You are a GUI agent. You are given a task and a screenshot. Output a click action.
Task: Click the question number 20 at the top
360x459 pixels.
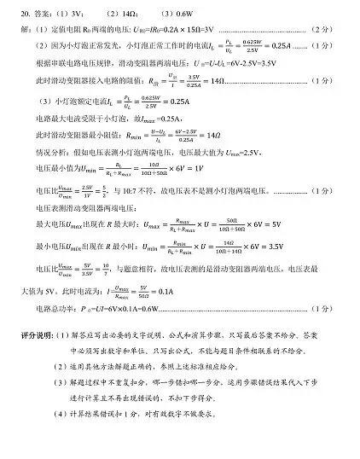coord(25,15)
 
